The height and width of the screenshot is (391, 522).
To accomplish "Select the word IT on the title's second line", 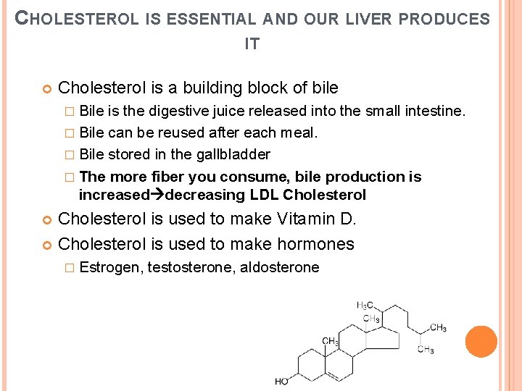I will click(x=252, y=44).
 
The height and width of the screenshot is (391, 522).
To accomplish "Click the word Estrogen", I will click(x=111, y=267).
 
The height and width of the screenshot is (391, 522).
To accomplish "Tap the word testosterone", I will click(x=191, y=267).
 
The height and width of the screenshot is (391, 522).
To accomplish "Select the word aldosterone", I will click(x=279, y=267).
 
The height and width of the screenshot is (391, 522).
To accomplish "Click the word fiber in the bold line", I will click(x=166, y=177).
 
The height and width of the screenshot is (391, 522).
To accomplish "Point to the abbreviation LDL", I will click(x=265, y=195).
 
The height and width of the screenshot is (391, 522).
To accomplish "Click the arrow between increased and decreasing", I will click(x=157, y=195).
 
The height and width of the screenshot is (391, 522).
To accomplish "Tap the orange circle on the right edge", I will click(x=481, y=342).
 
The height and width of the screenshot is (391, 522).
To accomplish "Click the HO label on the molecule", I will click(x=282, y=382).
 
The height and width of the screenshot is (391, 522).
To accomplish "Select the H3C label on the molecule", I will click(x=365, y=305).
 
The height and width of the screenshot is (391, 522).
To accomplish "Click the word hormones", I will click(x=318, y=244).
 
